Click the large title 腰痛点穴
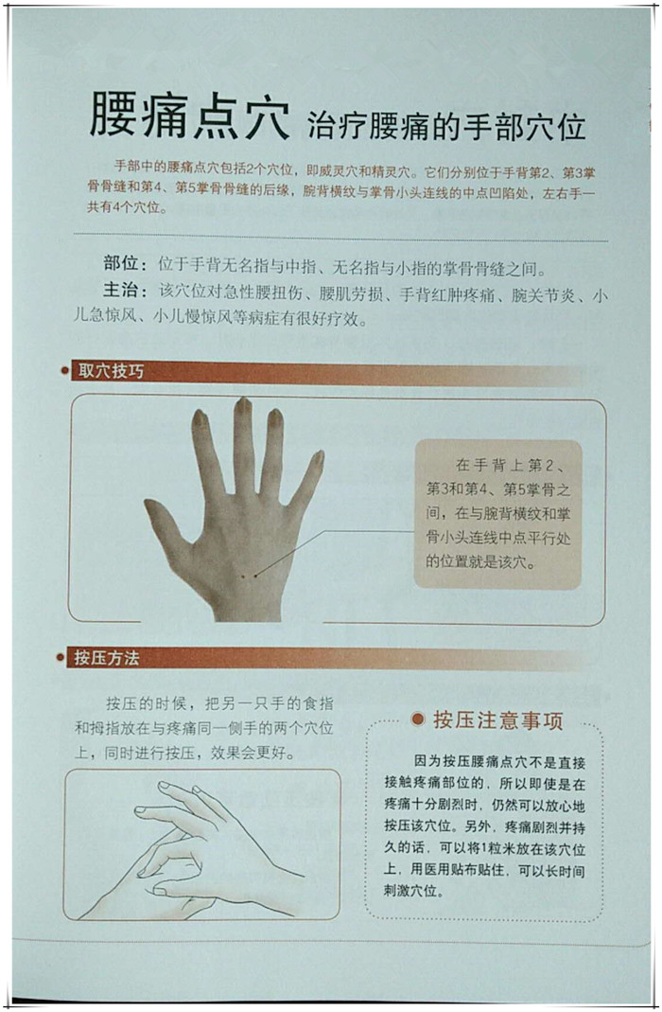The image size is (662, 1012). pyautogui.click(x=189, y=115)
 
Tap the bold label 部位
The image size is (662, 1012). pyautogui.click(x=121, y=263)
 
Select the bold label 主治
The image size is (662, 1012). pyautogui.click(x=121, y=291)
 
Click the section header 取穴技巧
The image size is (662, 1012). pyautogui.click(x=111, y=370)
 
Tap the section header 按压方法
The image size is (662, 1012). pyautogui.click(x=106, y=658)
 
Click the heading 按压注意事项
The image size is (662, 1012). pyautogui.click(x=497, y=720)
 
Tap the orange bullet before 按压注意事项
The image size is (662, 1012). pyautogui.click(x=418, y=719)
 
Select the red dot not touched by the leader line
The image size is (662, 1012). pyautogui.click(x=242, y=575)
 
